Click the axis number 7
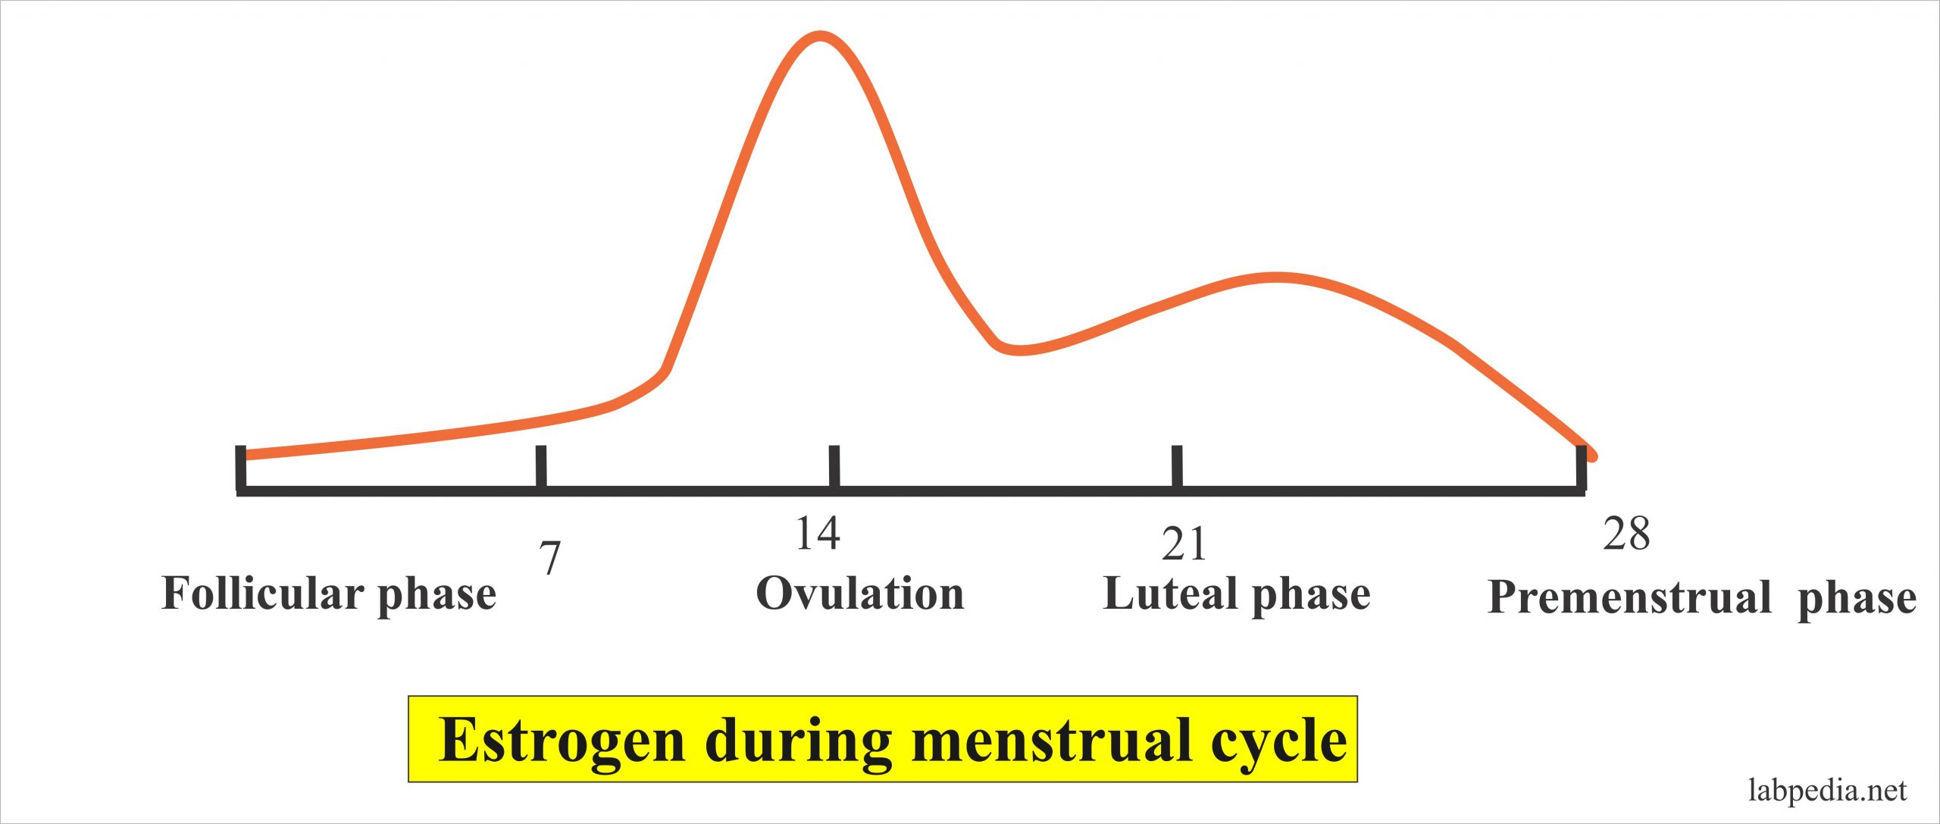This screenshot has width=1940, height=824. pyautogui.click(x=550, y=558)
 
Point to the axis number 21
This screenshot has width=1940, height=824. pyautogui.click(x=1183, y=544)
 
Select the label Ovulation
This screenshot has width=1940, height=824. pyautogui.click(x=859, y=593)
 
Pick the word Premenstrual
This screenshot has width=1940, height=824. pyautogui.click(x=1629, y=597)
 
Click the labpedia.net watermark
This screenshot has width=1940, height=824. pyautogui.click(x=1827, y=790)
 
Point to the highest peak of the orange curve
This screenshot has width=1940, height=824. pyautogui.click(x=820, y=36)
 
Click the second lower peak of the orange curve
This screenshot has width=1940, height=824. pyautogui.click(x=1277, y=277)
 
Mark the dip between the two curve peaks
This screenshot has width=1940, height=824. pyautogui.click(x=1019, y=350)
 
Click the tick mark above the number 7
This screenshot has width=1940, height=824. pyautogui.click(x=541, y=466)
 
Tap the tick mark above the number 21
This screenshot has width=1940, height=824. pyautogui.click(x=1177, y=466)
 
